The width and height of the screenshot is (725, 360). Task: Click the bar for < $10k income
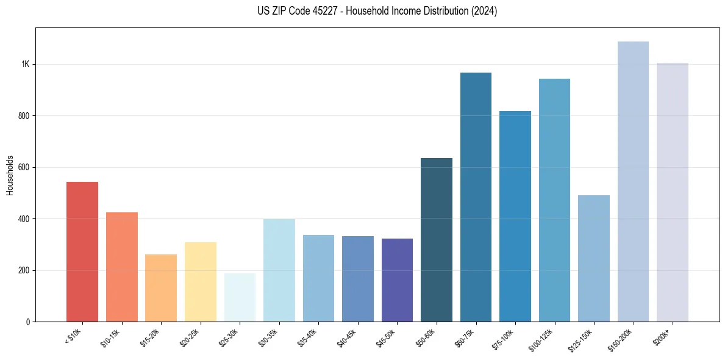coord(82,251)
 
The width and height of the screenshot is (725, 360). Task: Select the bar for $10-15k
coord(121,267)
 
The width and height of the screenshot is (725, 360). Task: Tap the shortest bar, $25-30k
coord(240,297)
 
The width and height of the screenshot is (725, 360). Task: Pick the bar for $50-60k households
coord(437,240)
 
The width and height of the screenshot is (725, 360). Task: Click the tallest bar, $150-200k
coord(633,181)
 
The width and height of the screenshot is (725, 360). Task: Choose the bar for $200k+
coord(673,192)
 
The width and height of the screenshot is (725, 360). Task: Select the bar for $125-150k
coord(594,258)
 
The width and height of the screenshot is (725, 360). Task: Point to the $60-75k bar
coord(476,197)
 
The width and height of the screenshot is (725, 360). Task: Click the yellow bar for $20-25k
coord(201,282)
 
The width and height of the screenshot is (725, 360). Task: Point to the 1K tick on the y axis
coord(25,65)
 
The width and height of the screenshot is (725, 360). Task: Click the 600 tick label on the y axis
coord(24,167)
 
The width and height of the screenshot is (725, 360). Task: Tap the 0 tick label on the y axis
coord(28,322)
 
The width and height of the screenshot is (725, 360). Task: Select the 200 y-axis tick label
coord(24,270)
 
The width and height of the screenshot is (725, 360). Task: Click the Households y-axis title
coord(10,175)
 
